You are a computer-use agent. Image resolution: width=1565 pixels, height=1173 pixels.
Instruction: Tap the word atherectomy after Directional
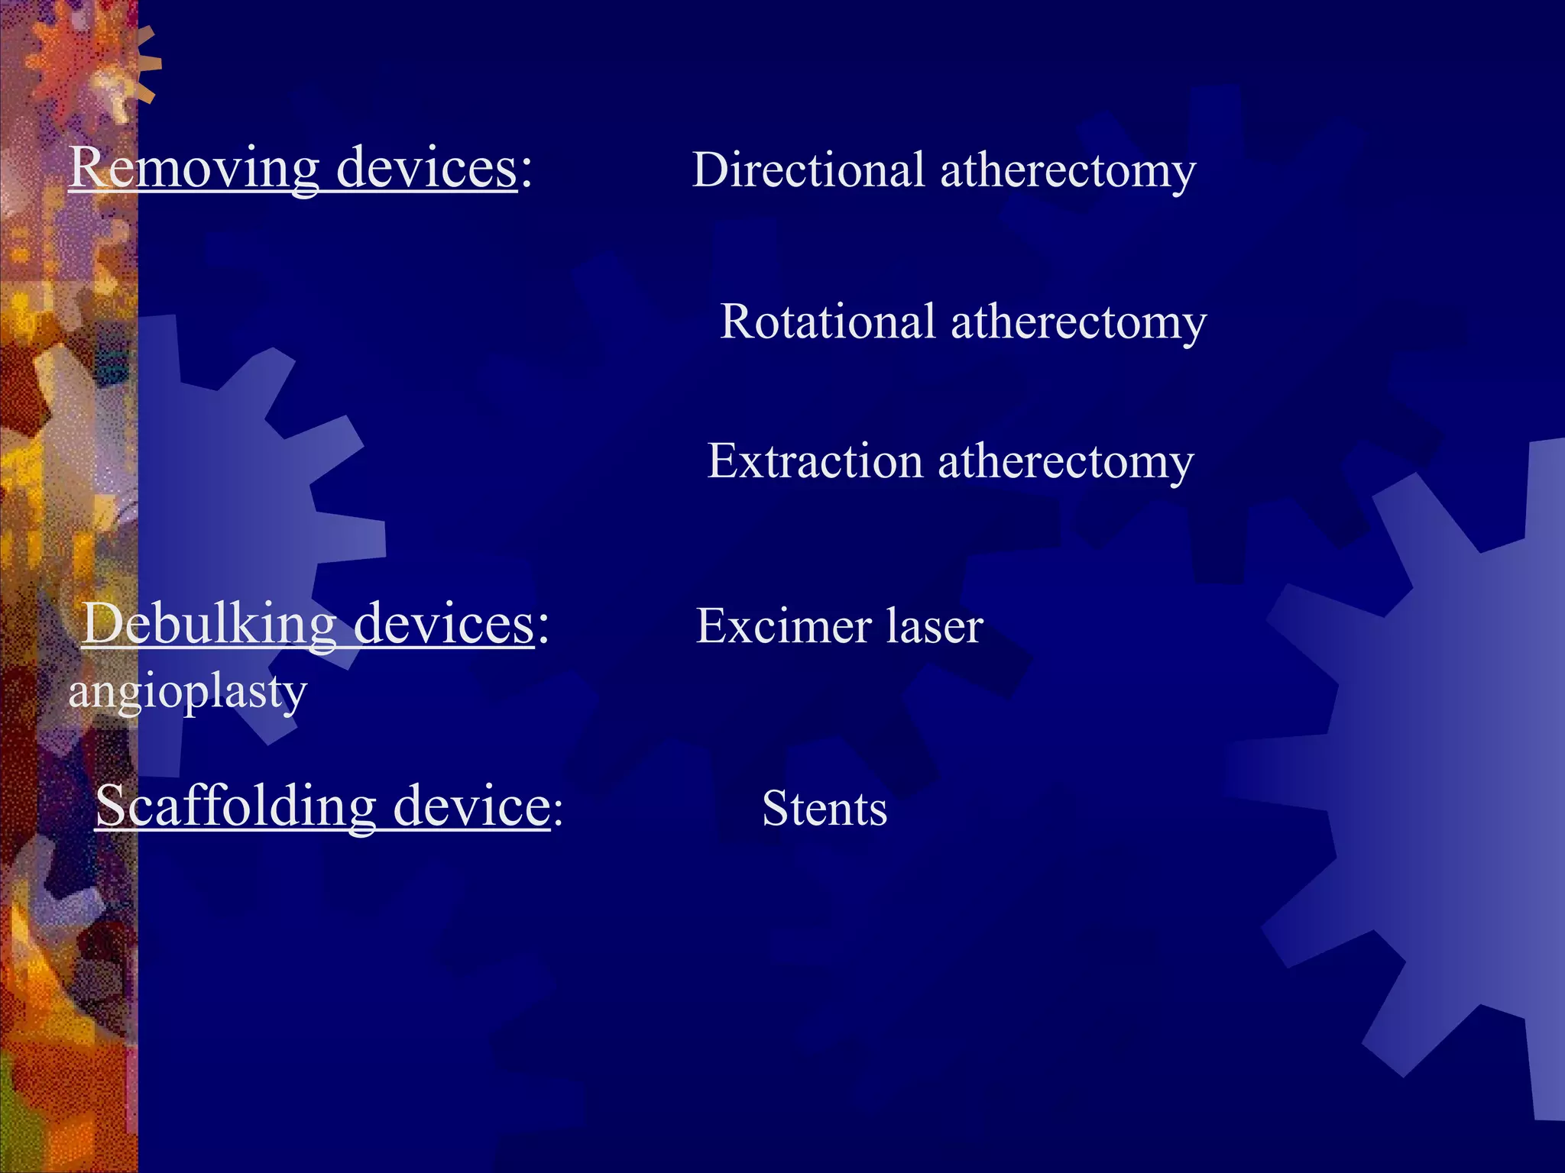pos(1068,171)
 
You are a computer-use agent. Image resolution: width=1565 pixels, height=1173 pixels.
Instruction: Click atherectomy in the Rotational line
pos(1078,322)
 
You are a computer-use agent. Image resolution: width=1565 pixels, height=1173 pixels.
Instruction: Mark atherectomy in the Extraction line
pos(1065,463)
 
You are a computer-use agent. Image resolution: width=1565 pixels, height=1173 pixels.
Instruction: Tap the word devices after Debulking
pos(444,624)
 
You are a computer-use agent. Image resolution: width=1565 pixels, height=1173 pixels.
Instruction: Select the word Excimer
pos(783,626)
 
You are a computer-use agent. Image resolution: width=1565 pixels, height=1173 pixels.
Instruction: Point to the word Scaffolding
pos(235,806)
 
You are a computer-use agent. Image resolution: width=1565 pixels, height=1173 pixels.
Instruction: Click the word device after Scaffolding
pos(471,806)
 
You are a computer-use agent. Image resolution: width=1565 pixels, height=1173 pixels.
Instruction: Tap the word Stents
pos(825,808)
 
